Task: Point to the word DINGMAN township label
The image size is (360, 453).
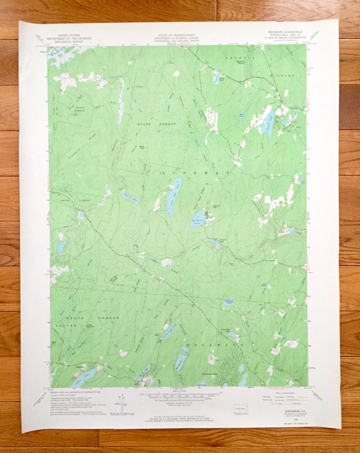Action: click(x=196, y=173)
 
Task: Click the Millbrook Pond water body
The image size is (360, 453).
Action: click(x=230, y=302)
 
